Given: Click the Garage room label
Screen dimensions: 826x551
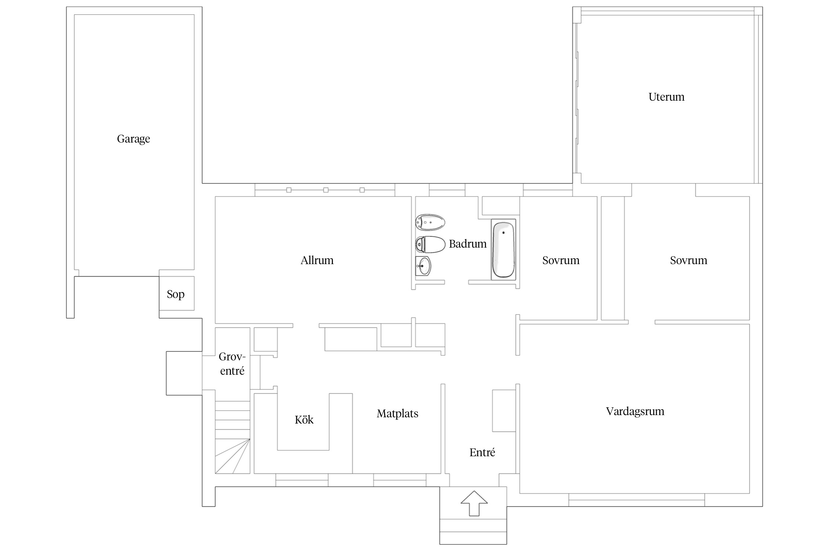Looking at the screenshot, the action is pyautogui.click(x=133, y=139).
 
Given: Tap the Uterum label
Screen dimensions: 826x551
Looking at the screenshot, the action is pyautogui.click(x=666, y=97).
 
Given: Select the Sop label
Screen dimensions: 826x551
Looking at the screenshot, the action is pyautogui.click(x=175, y=294).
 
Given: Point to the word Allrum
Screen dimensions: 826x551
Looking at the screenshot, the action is pyautogui.click(x=317, y=260).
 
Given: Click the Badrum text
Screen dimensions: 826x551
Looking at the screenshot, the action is pyautogui.click(x=467, y=244).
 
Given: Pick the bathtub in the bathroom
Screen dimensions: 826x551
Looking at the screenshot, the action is pyautogui.click(x=503, y=249).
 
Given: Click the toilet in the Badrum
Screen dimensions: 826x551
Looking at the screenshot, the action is pyautogui.click(x=430, y=244).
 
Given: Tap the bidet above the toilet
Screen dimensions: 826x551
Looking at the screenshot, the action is pyautogui.click(x=430, y=222).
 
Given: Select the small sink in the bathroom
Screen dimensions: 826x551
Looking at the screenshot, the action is pyautogui.click(x=423, y=266).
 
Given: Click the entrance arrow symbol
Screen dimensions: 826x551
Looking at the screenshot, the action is pyautogui.click(x=474, y=503).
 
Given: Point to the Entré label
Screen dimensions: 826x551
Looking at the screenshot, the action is pyautogui.click(x=482, y=453).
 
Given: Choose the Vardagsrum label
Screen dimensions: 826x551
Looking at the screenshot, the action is pyautogui.click(x=635, y=411).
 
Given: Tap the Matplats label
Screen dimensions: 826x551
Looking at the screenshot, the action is pyautogui.click(x=397, y=414).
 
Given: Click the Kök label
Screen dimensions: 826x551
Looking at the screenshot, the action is pyautogui.click(x=304, y=420).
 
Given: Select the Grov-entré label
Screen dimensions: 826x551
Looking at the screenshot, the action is pyautogui.click(x=232, y=364).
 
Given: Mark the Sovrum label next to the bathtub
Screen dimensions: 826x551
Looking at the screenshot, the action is pyautogui.click(x=561, y=260).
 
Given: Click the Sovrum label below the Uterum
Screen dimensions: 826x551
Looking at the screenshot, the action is pyautogui.click(x=688, y=260).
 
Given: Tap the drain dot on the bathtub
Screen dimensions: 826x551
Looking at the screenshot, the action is pyautogui.click(x=503, y=233).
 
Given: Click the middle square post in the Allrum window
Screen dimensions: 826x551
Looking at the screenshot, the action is pyautogui.click(x=326, y=190).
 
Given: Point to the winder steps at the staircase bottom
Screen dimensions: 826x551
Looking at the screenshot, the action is pyautogui.click(x=232, y=456).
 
